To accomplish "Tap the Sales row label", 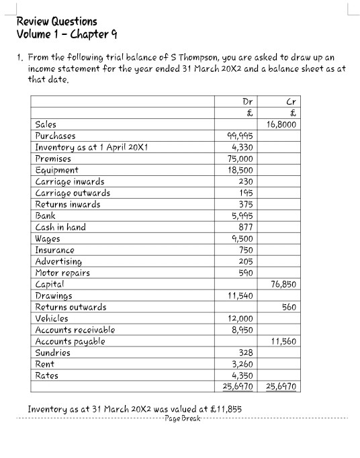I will tap(46, 124).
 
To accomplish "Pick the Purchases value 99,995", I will tap(241, 136).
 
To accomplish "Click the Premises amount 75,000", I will tap(241, 158).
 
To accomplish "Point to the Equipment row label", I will tap(56, 170).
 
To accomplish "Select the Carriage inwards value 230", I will tap(246, 181).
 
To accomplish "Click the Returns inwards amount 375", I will tap(246, 204).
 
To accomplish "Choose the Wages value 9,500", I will tap(243, 238).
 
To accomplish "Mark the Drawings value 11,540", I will tap(241, 295).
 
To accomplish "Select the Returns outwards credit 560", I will tap(289, 307).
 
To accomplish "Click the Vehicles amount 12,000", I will tap(241, 318).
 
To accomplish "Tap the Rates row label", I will tap(46, 375).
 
